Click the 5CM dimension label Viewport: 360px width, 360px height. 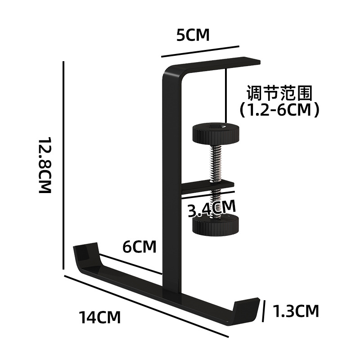pos(193,35)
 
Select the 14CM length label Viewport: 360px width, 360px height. pos(100,317)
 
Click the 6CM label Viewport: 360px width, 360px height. pos(140,247)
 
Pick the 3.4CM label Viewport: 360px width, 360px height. pos(211,208)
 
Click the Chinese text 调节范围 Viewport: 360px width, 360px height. pos(279,93)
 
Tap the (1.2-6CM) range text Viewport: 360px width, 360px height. pos(279,109)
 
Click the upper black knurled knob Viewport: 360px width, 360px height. pos(216,133)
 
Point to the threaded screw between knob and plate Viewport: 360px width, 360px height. pos(216,160)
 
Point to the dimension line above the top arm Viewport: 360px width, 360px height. pos(199,51)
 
